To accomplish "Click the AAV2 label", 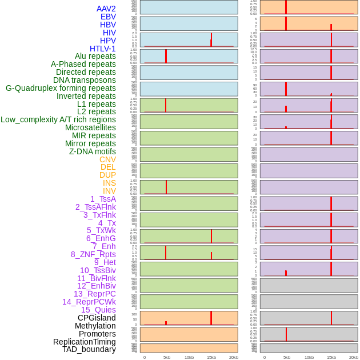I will tap(106, 9).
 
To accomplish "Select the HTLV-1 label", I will tap(102, 49).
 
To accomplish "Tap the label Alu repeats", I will tap(95, 56).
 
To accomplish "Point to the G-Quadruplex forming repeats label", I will tap(61, 88).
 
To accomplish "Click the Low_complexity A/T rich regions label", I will tap(58, 119).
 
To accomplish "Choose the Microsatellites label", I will tap(90, 127).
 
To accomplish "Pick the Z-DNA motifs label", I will tap(92, 151).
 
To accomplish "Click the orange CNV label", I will tap(107, 159).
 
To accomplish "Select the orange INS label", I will tap(109, 183).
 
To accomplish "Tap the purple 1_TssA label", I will tap(103, 199).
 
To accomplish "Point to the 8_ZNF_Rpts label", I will tap(93, 254).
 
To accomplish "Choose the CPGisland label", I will tap(97, 318).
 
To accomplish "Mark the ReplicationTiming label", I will tap(84, 342).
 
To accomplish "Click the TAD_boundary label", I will tap(89, 349).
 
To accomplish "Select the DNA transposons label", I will tap(85, 80).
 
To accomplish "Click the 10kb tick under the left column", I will tap(189, 357).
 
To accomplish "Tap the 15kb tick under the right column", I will tap(331, 357).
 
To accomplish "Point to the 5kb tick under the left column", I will tap(167, 357).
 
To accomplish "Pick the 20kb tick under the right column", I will tap(354, 357).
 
